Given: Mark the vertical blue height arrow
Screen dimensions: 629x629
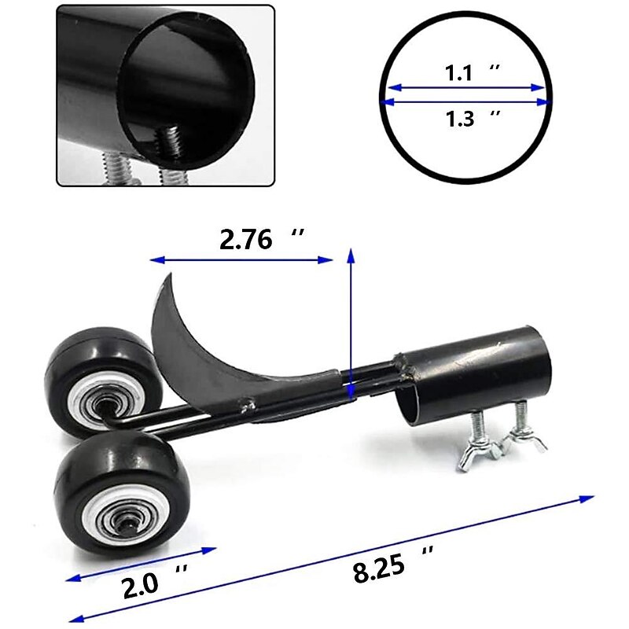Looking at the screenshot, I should pyautogui.click(x=351, y=322).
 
